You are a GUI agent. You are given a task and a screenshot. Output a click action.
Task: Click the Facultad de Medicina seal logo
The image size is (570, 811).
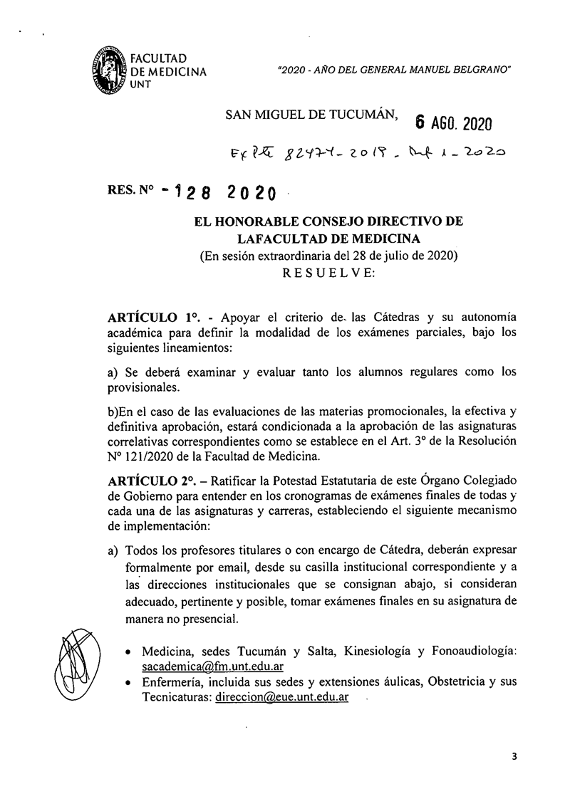pyautogui.click(x=109, y=72)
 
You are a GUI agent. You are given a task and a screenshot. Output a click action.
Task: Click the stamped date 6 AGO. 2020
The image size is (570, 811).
pyautogui.click(x=453, y=122)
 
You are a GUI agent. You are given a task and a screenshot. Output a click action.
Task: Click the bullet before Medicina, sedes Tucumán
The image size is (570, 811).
pyautogui.click(x=127, y=653)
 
